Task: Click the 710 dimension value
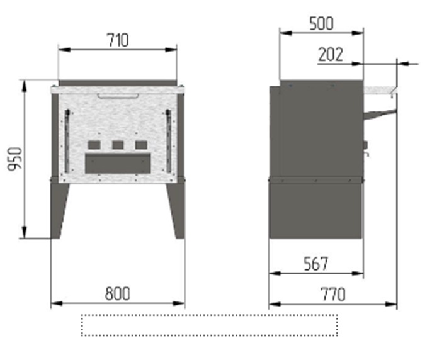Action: (118, 40)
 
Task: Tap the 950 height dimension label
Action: (14, 159)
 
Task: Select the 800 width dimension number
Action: (117, 293)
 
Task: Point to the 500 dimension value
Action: (321, 24)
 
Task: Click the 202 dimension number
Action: (330, 55)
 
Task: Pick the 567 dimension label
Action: (315, 264)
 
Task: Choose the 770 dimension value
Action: (333, 295)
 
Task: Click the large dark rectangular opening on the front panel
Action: (118, 163)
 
